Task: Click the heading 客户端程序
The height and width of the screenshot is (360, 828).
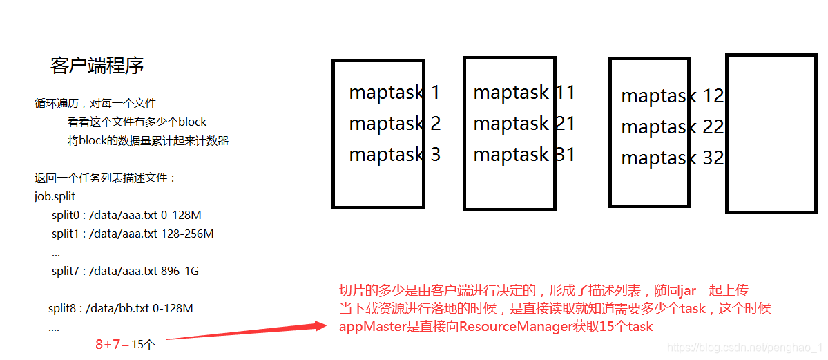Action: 97,66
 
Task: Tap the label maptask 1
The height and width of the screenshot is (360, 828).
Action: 394,93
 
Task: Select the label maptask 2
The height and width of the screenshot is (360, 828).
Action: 394,124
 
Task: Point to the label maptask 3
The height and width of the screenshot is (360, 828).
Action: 394,154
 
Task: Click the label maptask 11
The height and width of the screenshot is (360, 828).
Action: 524,93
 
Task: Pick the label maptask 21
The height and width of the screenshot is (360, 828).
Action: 524,124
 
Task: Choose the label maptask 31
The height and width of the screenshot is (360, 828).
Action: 524,154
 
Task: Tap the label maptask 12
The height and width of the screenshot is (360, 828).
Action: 672,96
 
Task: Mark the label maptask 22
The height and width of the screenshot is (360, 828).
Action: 672,127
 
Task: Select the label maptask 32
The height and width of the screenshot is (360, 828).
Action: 672,158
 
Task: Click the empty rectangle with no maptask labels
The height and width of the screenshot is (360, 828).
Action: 771,134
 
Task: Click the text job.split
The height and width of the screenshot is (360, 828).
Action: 55,197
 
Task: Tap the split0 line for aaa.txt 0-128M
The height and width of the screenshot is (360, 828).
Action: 126,216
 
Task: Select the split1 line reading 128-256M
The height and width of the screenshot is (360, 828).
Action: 133,234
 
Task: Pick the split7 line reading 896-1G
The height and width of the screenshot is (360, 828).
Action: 125,272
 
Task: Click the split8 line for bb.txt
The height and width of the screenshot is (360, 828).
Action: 120,308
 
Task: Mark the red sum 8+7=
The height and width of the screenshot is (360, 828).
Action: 113,343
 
